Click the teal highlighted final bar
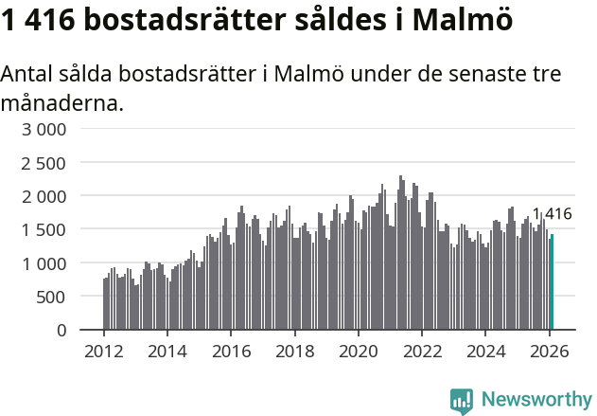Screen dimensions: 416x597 553,282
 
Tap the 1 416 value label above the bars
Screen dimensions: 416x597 552,214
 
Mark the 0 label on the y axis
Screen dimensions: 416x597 61,330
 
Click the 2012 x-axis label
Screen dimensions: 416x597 103,351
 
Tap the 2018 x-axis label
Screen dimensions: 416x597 295,351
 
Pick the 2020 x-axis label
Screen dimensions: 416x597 359,351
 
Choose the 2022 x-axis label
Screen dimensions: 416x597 423,351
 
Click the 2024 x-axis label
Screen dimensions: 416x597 486,351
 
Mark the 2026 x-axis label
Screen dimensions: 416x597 551,351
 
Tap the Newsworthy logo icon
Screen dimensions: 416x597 462,401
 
